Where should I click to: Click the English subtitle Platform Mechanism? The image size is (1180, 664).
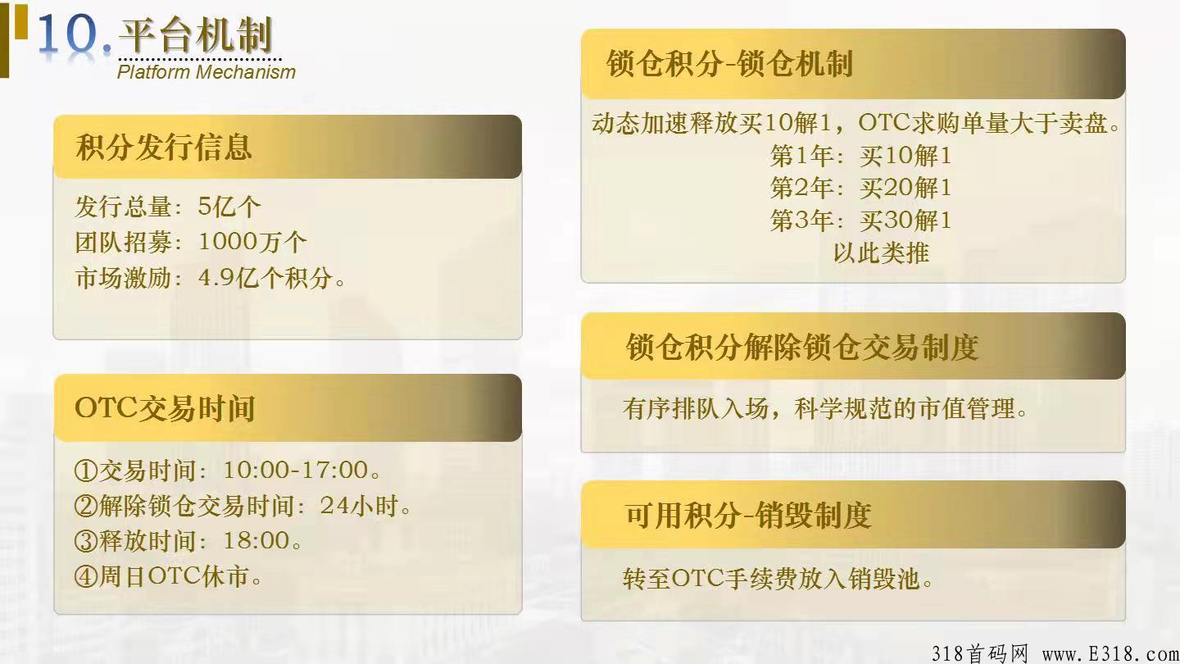coord(206,71)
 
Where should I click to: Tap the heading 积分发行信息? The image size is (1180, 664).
coord(164,148)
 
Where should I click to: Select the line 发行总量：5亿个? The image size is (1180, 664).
coord(167,206)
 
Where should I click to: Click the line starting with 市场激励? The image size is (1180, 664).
coord(211,278)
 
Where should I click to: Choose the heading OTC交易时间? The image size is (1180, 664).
coord(165,408)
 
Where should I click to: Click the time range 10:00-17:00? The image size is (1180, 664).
coord(296,471)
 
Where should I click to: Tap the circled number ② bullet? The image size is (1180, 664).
coord(85,507)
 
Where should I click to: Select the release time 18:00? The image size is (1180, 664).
coord(256,541)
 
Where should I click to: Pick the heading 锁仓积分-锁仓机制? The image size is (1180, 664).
coord(729,64)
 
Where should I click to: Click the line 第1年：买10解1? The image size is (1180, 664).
coord(860,156)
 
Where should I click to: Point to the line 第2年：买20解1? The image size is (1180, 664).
coord(860,188)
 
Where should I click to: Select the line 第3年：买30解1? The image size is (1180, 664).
coord(860,221)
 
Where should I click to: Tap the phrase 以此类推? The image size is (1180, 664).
coord(881,252)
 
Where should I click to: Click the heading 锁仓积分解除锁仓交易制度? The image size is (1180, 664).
coord(802,347)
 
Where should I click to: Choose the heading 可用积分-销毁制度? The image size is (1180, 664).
coord(747,515)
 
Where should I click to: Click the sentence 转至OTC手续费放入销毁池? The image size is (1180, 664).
coord(778,580)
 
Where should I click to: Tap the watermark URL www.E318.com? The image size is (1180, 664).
coord(1110,653)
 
